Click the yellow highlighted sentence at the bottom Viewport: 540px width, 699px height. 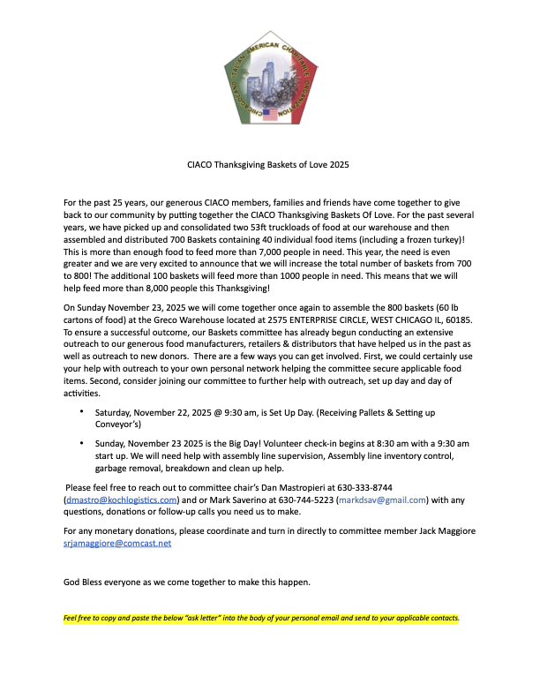261,619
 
